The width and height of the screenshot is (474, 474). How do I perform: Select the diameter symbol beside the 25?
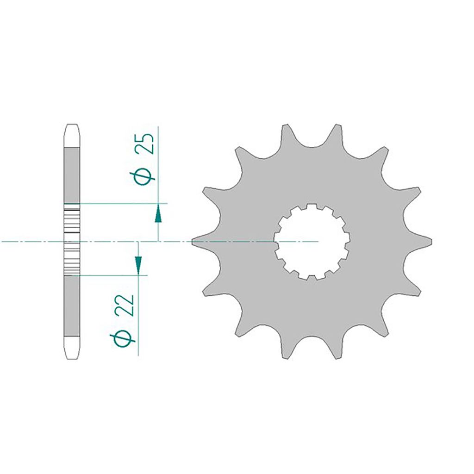point(142,176)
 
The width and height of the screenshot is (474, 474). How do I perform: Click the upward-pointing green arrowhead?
point(158,213)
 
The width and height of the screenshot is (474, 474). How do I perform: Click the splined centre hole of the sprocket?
point(312,242)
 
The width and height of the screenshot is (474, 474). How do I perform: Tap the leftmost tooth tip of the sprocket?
point(192,242)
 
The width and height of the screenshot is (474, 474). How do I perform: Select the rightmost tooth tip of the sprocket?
point(431,242)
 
